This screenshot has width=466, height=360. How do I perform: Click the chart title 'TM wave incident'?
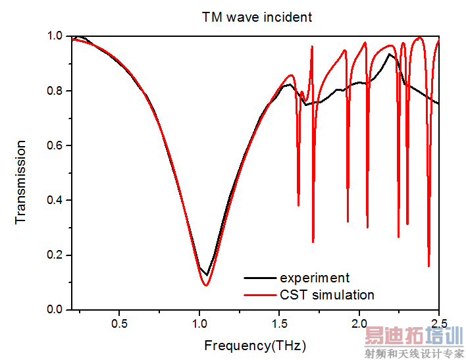[x=257, y=17]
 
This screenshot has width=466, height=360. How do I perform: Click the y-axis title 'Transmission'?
[x=21, y=181]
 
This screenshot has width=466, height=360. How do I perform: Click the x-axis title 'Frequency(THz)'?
[x=255, y=345]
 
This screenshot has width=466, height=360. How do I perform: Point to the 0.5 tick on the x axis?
[x=119, y=324]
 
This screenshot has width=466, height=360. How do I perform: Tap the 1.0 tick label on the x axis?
[x=199, y=324]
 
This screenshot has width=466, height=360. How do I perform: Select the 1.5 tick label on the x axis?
[x=279, y=324]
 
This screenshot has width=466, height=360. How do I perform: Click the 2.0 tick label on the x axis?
[x=359, y=324]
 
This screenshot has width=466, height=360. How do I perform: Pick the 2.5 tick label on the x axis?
[x=438, y=324]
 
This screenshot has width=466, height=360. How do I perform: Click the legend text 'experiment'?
[x=314, y=278]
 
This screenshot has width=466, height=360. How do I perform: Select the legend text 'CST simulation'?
[x=326, y=295]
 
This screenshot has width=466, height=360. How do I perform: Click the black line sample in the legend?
[x=259, y=278]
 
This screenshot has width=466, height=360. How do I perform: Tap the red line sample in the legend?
[x=259, y=295]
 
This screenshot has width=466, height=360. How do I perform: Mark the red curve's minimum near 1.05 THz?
[x=206, y=285]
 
